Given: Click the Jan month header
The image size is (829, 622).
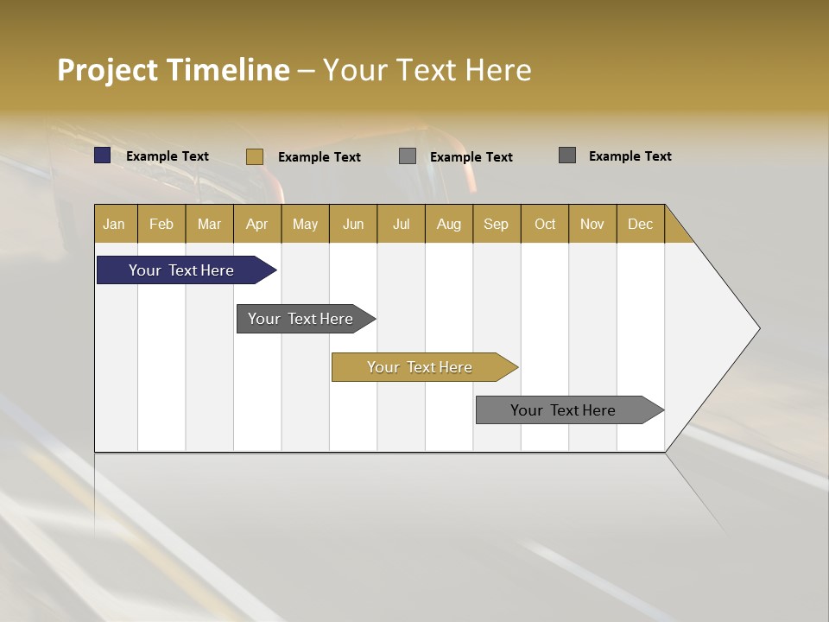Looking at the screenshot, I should pyautogui.click(x=115, y=224).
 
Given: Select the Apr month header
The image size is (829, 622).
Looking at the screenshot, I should pyautogui.click(x=257, y=224).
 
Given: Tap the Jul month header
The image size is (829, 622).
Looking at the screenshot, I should pyautogui.click(x=402, y=224).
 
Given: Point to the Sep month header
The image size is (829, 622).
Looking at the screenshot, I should pyautogui.click(x=497, y=224).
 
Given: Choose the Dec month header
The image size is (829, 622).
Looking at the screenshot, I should pyautogui.click(x=640, y=224).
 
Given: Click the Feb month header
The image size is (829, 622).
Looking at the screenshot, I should pyautogui.click(x=161, y=224).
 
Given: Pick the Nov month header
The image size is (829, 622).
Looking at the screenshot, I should pyautogui.click(x=592, y=224).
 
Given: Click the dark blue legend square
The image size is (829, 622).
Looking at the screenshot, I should pyautogui.click(x=103, y=155).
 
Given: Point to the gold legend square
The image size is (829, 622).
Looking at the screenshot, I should pyautogui.click(x=255, y=156).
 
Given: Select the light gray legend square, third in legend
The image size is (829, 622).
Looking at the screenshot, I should pyautogui.click(x=408, y=156).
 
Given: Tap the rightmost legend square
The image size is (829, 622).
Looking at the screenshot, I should pyautogui.click(x=567, y=155).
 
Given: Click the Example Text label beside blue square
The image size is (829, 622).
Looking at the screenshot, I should pyautogui.click(x=168, y=156).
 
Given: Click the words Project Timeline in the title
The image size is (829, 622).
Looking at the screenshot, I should pyautogui.click(x=173, y=70).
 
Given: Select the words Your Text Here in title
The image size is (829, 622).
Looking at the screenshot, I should pyautogui.click(x=427, y=70).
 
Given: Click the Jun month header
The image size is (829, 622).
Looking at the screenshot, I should pyautogui.click(x=353, y=224).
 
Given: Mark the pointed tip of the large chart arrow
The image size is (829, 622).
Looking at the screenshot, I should pyautogui.click(x=758, y=328).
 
